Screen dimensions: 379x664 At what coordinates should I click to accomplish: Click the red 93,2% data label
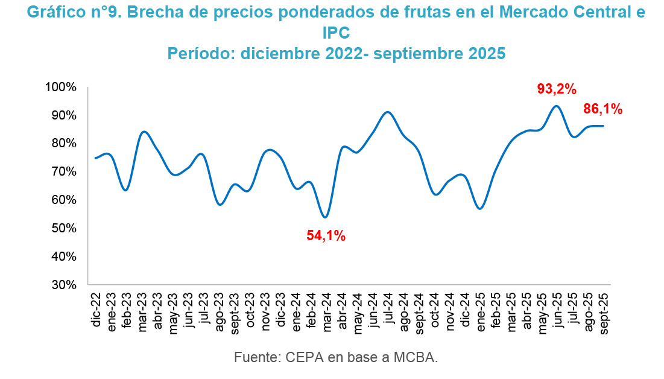click(x=557, y=89)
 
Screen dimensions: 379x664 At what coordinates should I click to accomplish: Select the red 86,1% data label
click(x=602, y=109)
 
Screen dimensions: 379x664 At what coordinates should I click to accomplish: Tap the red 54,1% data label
click(x=326, y=236)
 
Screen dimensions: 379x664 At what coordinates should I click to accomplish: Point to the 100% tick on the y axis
click(x=61, y=87)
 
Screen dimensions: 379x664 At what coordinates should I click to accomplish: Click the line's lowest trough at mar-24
click(x=326, y=217)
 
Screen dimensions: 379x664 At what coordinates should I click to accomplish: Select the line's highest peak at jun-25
click(x=557, y=106)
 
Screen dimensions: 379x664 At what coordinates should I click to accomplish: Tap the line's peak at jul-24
click(x=388, y=112)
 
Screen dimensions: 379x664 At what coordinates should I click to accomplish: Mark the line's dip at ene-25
click(x=480, y=208)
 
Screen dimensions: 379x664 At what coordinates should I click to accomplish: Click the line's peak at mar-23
click(x=144, y=132)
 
